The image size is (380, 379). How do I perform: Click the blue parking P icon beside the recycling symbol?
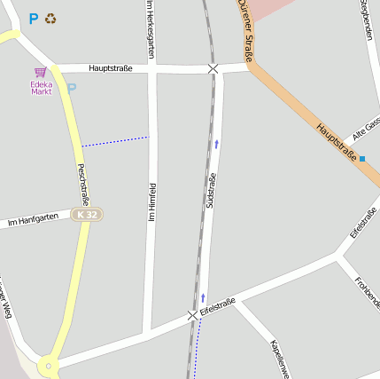coord(34,18)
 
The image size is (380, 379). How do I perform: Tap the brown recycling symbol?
coord(50,18)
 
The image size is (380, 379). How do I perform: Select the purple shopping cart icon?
coord(41,72)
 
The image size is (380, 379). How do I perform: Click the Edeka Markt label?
coord(42,88)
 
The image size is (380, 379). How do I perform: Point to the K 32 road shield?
coord(88,215)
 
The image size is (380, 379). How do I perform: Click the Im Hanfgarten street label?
coord(33,217)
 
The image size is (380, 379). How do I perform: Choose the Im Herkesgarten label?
coord(150,29)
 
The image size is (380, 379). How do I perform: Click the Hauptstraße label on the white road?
coord(111,67)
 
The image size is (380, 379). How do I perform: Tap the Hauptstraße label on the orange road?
coord(336,142)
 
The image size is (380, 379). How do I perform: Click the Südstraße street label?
coord(211,191)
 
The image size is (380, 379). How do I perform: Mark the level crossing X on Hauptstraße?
coord(213,68)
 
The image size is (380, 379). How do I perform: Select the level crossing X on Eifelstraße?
coord(192,315)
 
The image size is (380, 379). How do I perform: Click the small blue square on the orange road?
coord(362,159)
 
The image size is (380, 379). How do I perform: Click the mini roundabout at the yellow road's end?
coord(49,364)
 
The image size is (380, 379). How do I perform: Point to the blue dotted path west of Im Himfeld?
coord(115,141)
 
